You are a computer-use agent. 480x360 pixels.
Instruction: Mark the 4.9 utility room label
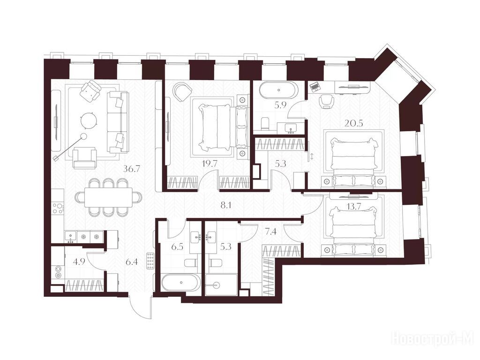[x=78, y=262]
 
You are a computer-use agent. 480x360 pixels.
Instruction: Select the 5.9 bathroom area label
[x=280, y=105]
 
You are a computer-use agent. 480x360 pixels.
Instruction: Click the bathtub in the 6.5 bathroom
[x=180, y=283]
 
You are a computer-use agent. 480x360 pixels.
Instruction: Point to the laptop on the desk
[x=315, y=87]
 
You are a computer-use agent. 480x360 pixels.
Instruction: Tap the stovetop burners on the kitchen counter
[x=58, y=208]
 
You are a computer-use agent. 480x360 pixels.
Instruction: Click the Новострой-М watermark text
[x=432, y=338]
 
